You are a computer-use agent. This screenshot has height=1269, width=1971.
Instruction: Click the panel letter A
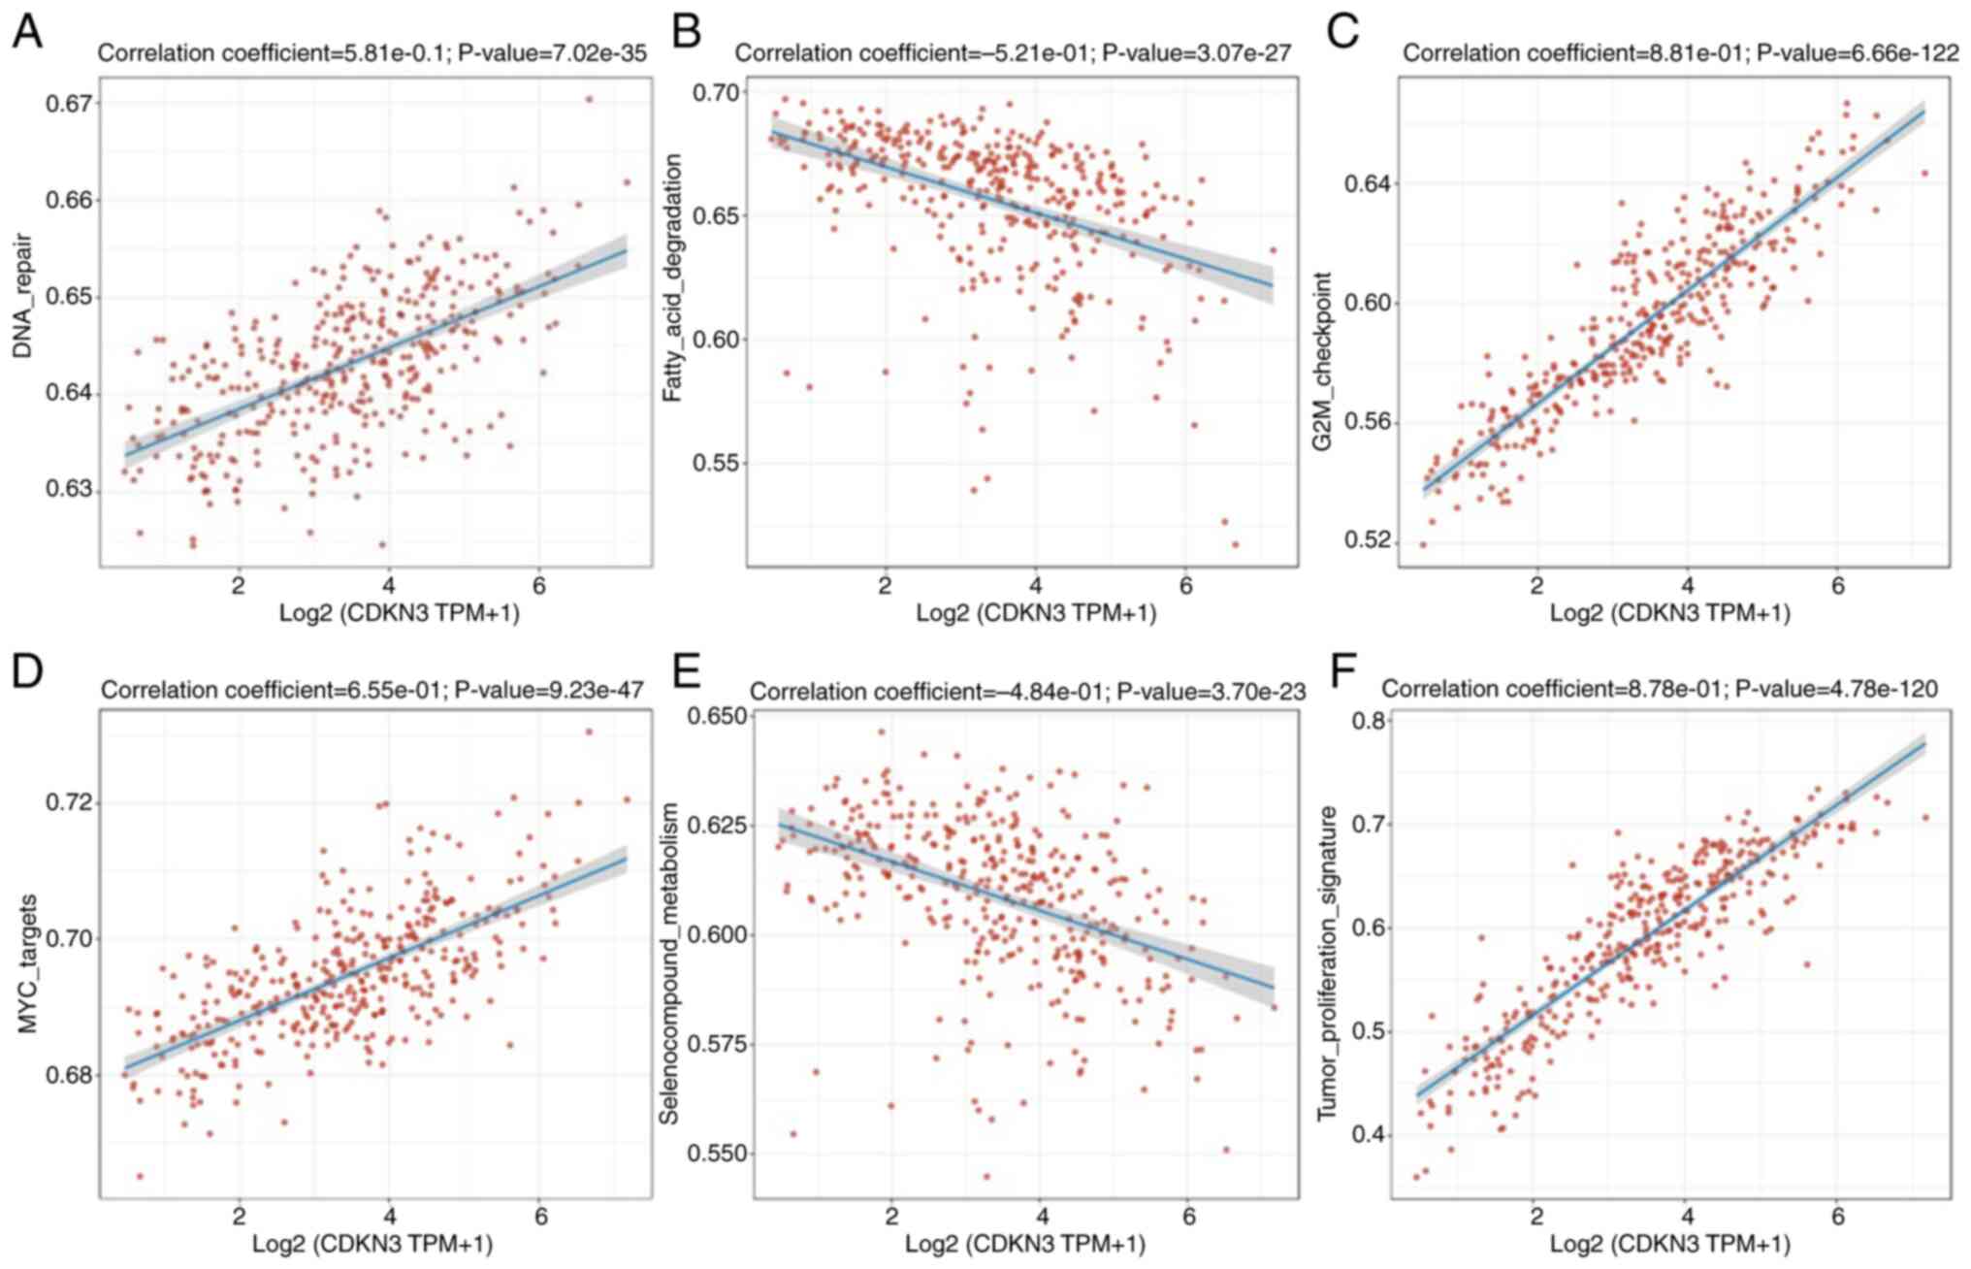[27, 33]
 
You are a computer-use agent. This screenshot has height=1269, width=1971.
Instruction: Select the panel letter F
[1343, 670]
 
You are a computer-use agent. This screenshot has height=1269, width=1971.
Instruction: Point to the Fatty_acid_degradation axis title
[671, 278]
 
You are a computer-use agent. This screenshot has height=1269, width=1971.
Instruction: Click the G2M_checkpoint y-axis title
[1321, 363]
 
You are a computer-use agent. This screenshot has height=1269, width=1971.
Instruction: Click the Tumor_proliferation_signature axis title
[1325, 963]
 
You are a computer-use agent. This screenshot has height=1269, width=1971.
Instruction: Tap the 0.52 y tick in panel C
[1365, 540]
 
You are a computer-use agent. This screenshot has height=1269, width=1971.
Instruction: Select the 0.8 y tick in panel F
[1371, 720]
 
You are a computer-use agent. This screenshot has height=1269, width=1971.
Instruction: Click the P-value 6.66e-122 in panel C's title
[1857, 54]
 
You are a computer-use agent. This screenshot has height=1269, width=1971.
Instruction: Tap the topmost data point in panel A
[589, 99]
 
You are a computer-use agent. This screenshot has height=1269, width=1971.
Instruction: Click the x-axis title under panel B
[1035, 613]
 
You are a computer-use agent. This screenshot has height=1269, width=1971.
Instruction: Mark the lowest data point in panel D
[140, 1176]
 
